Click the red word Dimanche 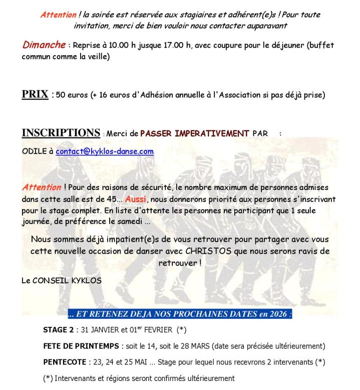coord(44,45)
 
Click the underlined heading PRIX coord(34,94)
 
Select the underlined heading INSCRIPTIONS coord(61,133)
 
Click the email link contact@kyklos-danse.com coord(105,151)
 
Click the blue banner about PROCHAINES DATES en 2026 coord(180,314)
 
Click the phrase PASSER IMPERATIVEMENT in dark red coord(194,133)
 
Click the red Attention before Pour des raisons coord(40,187)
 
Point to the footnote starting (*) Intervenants coord(139,378)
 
